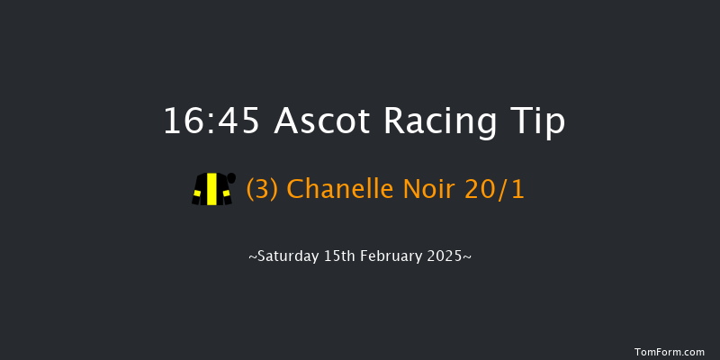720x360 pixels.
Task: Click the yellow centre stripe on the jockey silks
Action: [211, 189]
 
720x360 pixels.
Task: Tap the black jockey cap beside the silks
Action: [231, 177]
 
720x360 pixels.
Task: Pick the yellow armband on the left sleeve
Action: [195, 191]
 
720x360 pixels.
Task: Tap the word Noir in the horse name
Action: [418, 190]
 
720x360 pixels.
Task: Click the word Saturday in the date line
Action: [287, 256]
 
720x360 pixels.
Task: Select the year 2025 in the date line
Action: [447, 256]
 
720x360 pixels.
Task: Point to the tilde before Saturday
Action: [253, 257]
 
